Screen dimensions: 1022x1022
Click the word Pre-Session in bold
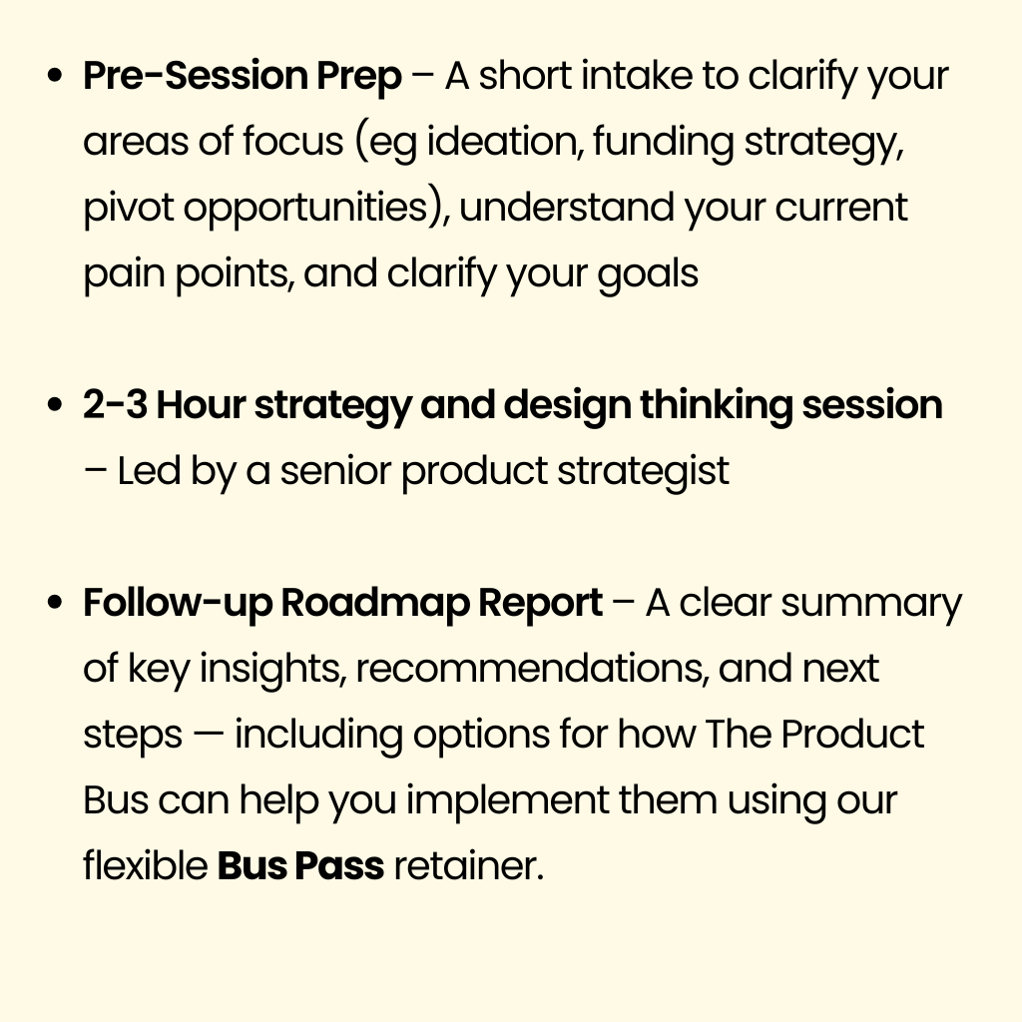[x=195, y=76]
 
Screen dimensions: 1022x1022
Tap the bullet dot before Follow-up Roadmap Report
[x=56, y=602]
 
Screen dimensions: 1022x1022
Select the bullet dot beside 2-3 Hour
[x=56, y=405]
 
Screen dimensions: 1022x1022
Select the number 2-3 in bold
[x=116, y=405]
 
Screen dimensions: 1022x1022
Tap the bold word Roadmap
[x=375, y=604]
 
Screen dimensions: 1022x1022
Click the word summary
[x=870, y=604]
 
